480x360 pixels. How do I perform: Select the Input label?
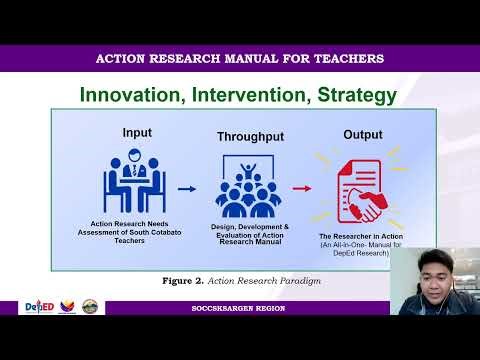coord(137,132)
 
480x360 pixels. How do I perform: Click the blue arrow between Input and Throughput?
coord(186,187)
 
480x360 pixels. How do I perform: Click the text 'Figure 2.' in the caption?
coord(181,281)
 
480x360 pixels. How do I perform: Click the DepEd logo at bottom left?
coord(41,307)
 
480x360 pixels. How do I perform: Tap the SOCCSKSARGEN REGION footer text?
coord(238,309)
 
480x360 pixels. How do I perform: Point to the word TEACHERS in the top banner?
coord(345,58)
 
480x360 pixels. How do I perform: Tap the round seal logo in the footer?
coord(93,307)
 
